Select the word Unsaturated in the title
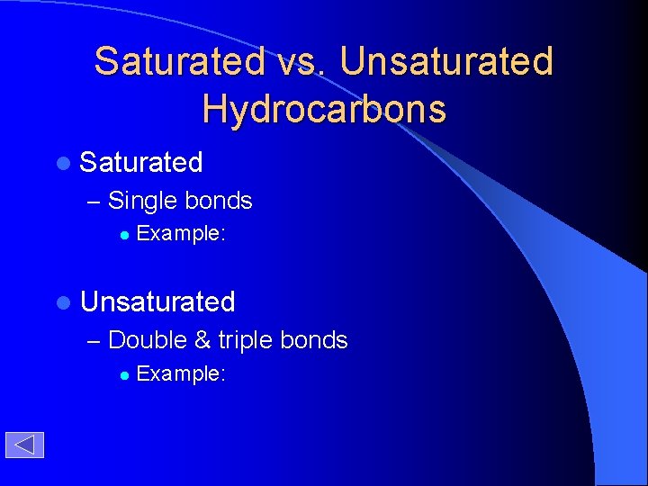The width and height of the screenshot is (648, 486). (447, 61)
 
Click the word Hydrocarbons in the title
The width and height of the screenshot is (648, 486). (324, 109)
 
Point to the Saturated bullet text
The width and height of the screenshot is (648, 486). (141, 162)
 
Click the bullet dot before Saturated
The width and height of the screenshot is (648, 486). (62, 163)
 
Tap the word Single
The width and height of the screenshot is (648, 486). (143, 201)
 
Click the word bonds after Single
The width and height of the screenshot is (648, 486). (219, 201)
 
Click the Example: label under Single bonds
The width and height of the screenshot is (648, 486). (180, 234)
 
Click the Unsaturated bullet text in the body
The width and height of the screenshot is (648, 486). (157, 301)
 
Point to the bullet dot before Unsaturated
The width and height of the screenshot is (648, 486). (62, 302)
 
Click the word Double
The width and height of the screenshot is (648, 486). (148, 340)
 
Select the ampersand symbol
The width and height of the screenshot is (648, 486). (202, 340)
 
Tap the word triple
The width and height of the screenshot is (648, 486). (245, 340)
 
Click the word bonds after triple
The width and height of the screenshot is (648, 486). (314, 340)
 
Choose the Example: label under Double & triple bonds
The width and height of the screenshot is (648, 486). (180, 373)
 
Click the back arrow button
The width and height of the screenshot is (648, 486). (24, 445)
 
